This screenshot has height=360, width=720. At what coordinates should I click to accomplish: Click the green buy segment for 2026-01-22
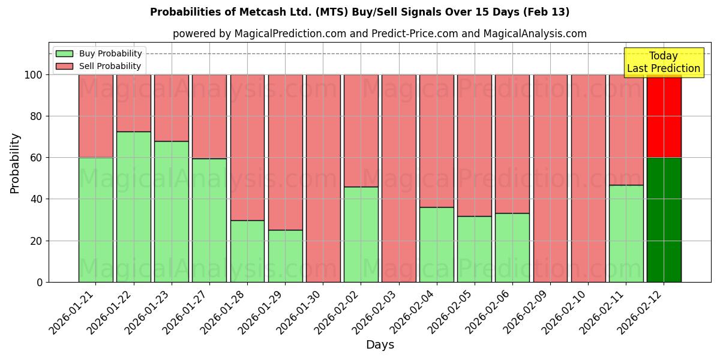[133, 206]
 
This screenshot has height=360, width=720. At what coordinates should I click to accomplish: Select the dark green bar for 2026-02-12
[664, 220]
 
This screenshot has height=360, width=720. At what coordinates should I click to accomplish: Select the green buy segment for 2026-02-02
[361, 234]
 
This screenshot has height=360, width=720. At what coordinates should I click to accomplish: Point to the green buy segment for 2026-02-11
[626, 233]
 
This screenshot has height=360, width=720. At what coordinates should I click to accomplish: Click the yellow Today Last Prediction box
[663, 62]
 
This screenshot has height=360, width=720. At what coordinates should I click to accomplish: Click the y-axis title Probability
[15, 163]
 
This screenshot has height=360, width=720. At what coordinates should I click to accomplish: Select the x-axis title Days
[380, 345]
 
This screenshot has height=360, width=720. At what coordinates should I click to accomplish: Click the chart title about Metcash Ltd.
[359, 12]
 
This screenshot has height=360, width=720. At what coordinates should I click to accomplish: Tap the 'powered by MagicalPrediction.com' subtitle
[379, 34]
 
